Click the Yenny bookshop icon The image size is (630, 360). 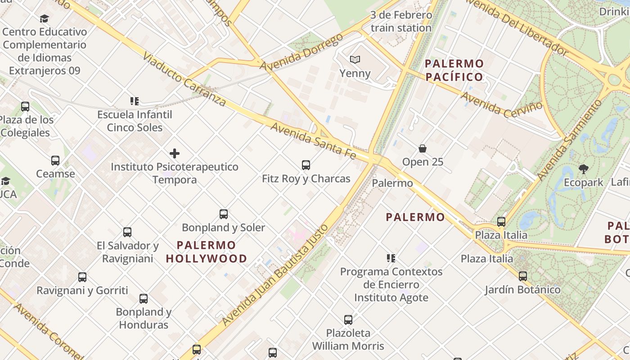point(355,59)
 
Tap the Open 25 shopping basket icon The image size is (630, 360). point(423,148)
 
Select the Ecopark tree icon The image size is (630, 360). point(584,169)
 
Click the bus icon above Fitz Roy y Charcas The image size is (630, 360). point(306,165)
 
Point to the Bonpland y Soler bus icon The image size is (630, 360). point(224,214)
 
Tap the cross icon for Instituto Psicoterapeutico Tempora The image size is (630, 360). point(175,153)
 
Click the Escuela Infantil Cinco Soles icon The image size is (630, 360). point(135,101)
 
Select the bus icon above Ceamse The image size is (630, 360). point(55,161)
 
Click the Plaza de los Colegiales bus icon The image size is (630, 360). point(25,107)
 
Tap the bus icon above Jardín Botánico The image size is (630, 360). point(522,276)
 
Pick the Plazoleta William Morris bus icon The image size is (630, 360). point(348,320)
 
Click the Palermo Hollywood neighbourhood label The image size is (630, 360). point(207,252)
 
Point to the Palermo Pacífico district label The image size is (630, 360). point(454,70)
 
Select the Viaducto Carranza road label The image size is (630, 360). point(184,79)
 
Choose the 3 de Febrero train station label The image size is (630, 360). point(401,21)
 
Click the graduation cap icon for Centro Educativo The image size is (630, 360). point(44,19)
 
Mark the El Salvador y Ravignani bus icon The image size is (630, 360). point(127,232)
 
